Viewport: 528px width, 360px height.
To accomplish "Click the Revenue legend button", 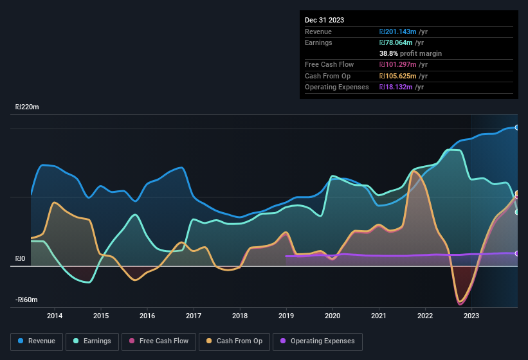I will pyautogui.click(x=37, y=341).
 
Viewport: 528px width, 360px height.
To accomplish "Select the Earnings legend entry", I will pyautogui.click(x=93, y=341).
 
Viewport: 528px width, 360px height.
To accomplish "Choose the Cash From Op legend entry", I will pyautogui.click(x=235, y=341).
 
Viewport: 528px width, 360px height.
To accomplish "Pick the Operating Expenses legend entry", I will pyautogui.click(x=318, y=341).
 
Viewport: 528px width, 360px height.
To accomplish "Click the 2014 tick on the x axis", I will pyautogui.click(x=55, y=316).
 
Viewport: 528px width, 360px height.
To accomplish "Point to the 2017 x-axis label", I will pyautogui.click(x=194, y=316).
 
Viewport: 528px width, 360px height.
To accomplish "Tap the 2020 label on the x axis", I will pyautogui.click(x=332, y=316).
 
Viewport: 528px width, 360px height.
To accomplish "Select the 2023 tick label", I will pyautogui.click(x=471, y=316).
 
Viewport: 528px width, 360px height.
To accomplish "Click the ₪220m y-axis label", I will pyautogui.click(x=28, y=107).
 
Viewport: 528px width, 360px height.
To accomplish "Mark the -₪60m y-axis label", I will pyautogui.click(x=26, y=300).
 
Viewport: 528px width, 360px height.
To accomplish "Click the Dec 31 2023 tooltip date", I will pyautogui.click(x=324, y=20).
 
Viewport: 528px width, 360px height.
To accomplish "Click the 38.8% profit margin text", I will pyautogui.click(x=410, y=53).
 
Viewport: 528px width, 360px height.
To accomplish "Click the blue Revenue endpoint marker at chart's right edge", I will pyautogui.click(x=517, y=127).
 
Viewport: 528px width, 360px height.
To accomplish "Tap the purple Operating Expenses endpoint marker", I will pyautogui.click(x=517, y=253).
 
